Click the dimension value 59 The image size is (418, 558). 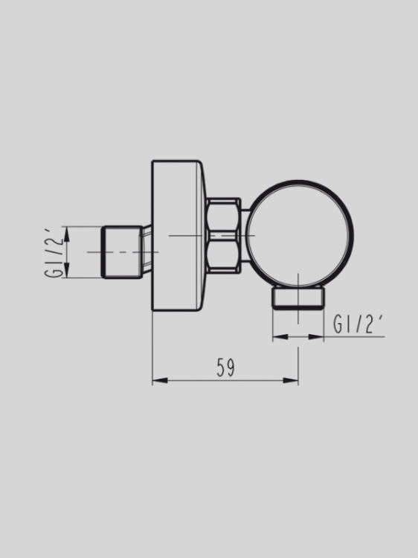(226, 368)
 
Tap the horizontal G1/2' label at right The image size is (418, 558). (358, 324)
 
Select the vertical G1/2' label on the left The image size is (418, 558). (54, 252)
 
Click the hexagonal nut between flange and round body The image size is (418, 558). (223, 235)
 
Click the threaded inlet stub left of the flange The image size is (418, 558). (122, 252)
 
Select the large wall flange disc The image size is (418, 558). (177, 235)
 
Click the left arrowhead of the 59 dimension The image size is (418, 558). (155, 381)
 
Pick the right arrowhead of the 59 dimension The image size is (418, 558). (295, 381)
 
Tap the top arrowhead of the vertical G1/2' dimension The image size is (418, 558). (66, 231)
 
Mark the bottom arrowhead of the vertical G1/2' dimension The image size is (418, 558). (66, 274)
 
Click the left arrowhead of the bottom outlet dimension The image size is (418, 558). (276, 337)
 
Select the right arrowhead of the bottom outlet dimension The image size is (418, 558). (321, 337)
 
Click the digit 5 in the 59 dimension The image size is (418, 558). (221, 368)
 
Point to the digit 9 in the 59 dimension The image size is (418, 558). (231, 368)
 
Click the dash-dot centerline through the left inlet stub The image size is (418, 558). (97, 252)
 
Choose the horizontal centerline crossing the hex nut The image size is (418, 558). (223, 235)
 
